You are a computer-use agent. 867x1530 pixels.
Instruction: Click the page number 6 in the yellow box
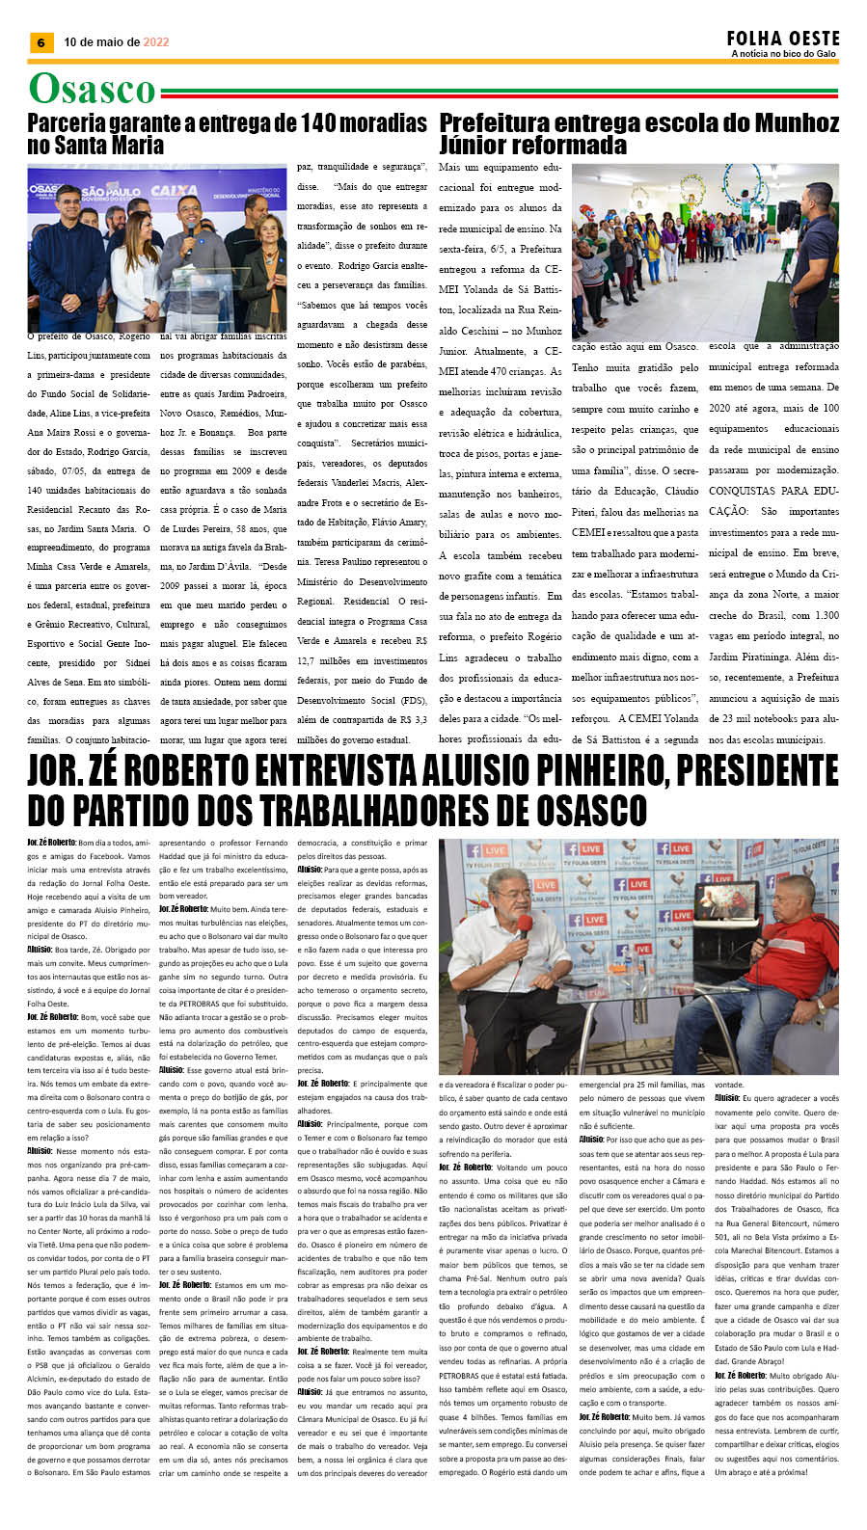tap(40, 42)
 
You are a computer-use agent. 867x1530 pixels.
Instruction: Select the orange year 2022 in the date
tap(156, 42)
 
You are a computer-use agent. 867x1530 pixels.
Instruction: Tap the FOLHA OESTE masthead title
tap(783, 38)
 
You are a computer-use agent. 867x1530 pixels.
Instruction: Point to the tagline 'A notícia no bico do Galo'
tap(783, 54)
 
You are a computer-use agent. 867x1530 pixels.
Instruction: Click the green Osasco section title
tap(92, 89)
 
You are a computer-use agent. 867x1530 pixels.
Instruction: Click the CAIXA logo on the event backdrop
tap(175, 192)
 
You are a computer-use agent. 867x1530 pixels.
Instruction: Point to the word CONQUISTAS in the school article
tap(747, 491)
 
